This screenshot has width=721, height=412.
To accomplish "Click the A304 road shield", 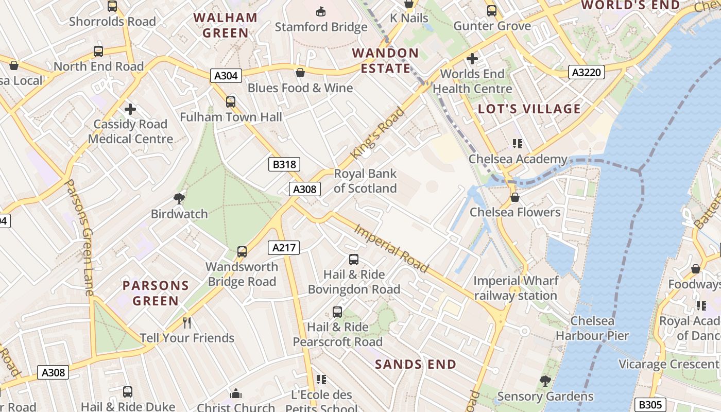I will click(226, 76).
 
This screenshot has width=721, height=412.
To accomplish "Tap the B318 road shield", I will click(284, 164).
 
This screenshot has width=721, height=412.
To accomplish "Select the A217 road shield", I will click(284, 248).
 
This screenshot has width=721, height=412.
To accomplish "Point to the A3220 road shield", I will click(587, 72).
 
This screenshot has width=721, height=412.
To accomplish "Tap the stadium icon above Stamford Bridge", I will click(321, 11).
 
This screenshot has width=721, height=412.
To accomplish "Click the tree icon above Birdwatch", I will click(179, 198).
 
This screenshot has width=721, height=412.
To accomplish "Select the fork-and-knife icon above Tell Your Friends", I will click(187, 323).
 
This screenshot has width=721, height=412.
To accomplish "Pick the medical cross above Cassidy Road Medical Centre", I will click(130, 109).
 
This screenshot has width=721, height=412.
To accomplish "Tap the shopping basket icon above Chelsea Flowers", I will click(514, 197).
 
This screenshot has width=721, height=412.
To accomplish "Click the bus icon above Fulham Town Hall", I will click(231, 102).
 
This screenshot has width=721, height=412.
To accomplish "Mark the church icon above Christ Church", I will click(236, 394).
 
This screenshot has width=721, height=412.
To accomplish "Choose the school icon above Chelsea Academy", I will click(517, 144).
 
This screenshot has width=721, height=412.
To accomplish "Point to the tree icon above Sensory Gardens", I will click(545, 382).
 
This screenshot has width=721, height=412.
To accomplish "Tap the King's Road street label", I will click(377, 133).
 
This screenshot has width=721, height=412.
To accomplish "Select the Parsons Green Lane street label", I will click(80, 237).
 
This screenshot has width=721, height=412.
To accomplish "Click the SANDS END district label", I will click(416, 365).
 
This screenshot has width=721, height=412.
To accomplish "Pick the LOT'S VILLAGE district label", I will click(529, 109).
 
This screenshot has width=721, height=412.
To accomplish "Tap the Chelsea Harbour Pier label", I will click(592, 329).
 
